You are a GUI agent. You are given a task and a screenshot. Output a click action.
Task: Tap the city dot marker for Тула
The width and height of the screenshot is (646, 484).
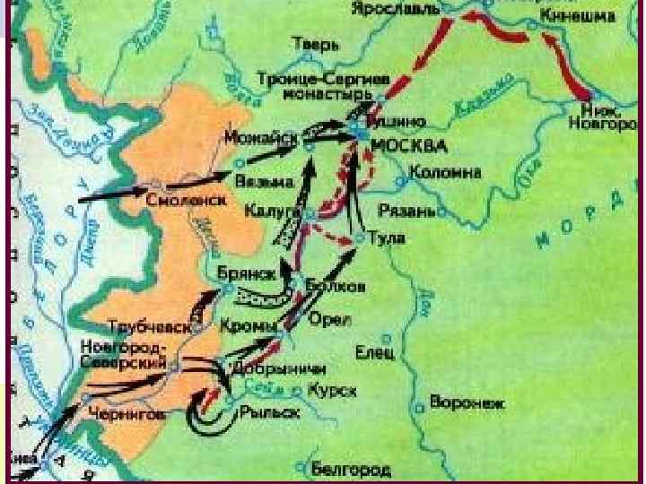(359, 238)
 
